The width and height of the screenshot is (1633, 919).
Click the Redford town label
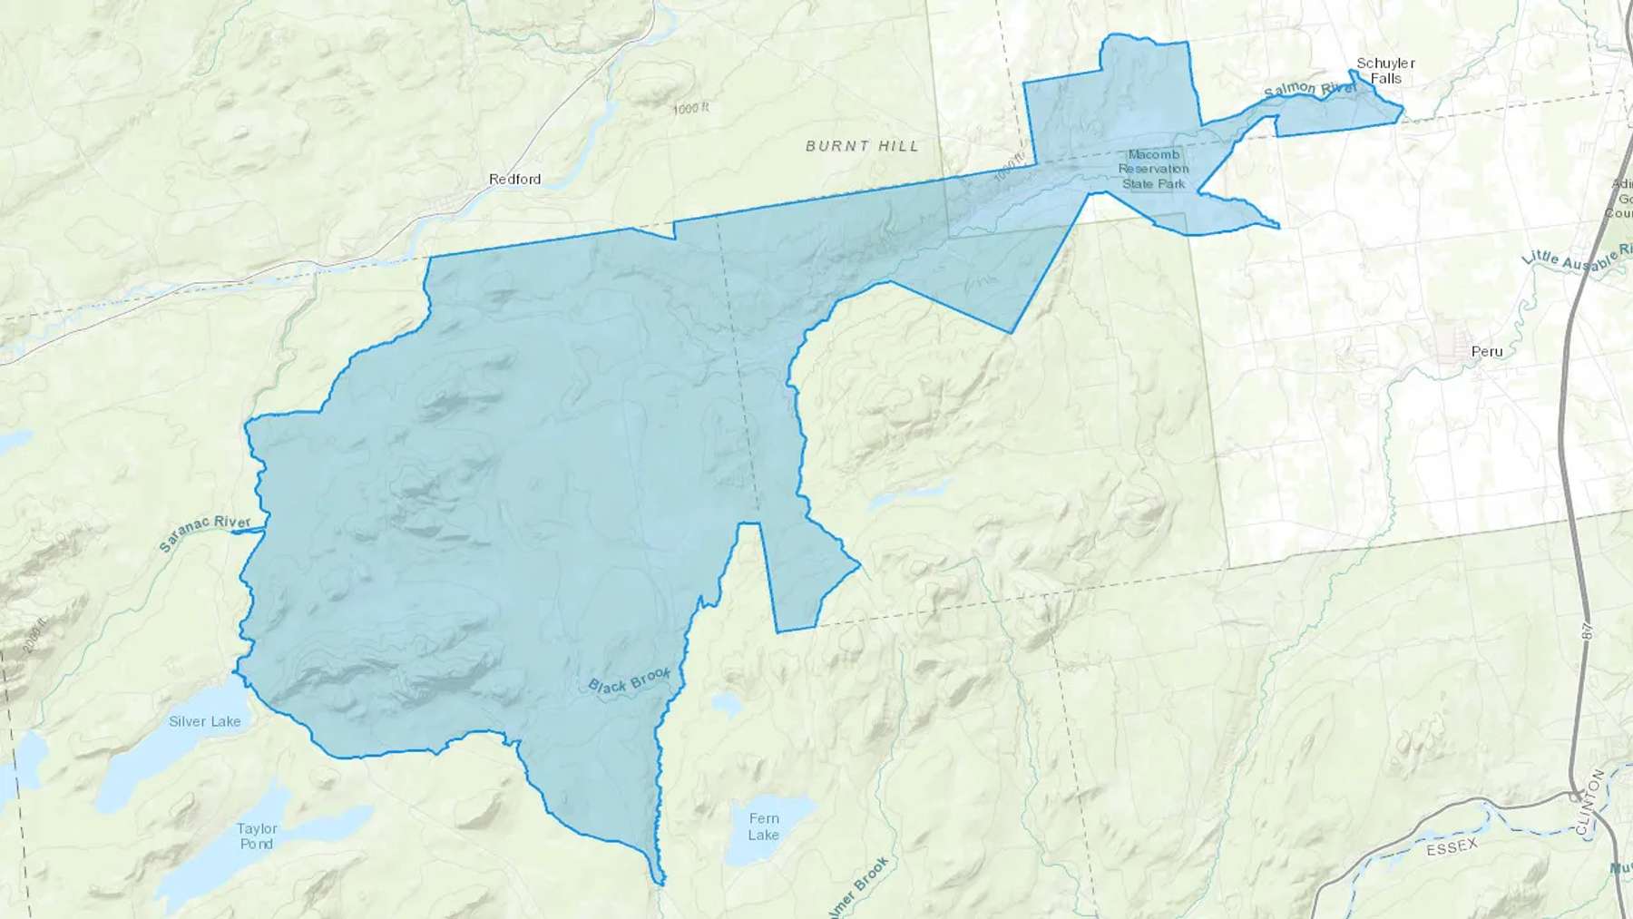point(514,179)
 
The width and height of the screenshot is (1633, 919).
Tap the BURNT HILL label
point(862,145)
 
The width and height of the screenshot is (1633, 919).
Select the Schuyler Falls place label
point(1385,71)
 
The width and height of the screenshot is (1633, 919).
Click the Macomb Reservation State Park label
point(1153,169)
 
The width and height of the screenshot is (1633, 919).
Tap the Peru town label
point(1487,351)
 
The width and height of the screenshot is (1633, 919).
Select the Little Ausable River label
point(1578,256)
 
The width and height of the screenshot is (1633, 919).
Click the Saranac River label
point(205,533)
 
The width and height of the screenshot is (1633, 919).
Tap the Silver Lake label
point(205,721)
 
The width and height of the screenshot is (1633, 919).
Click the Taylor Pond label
point(257,836)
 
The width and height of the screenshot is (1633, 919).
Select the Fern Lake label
point(763,826)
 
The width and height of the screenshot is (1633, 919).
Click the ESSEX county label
point(1452,847)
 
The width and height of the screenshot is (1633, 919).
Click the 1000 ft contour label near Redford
point(691,109)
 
